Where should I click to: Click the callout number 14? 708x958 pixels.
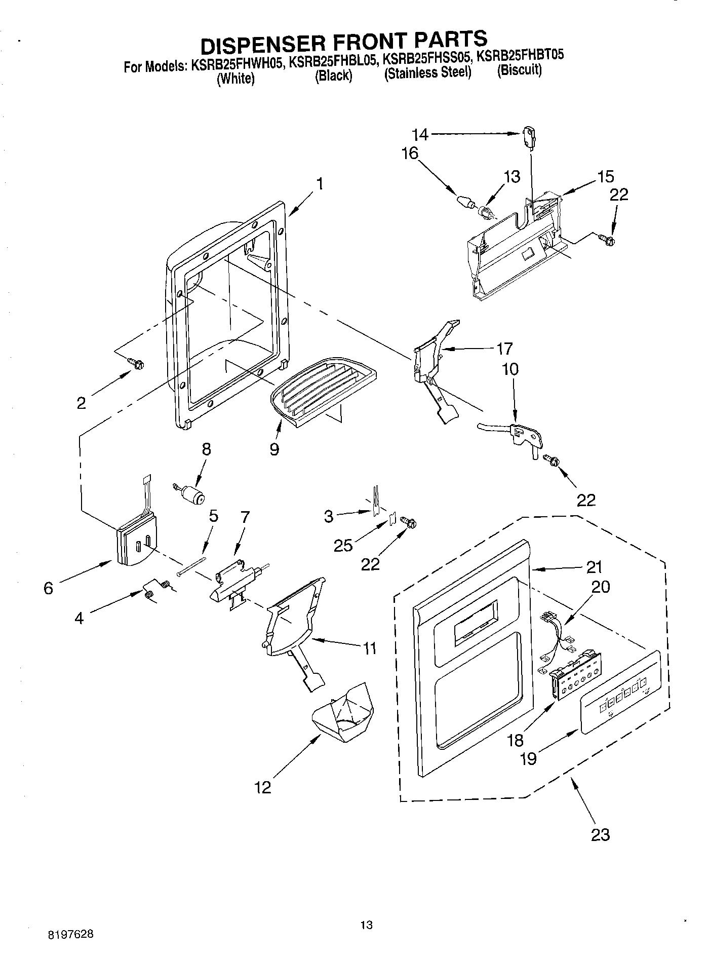pyautogui.click(x=420, y=135)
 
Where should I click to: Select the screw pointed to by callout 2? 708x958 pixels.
pyautogui.click(x=136, y=363)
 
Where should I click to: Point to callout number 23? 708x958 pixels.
pyautogui.click(x=600, y=834)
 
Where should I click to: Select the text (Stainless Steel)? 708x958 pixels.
pyautogui.click(x=428, y=73)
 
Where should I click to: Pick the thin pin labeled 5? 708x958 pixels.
pyautogui.click(x=191, y=566)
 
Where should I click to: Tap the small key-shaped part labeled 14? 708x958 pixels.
pyautogui.click(x=528, y=138)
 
